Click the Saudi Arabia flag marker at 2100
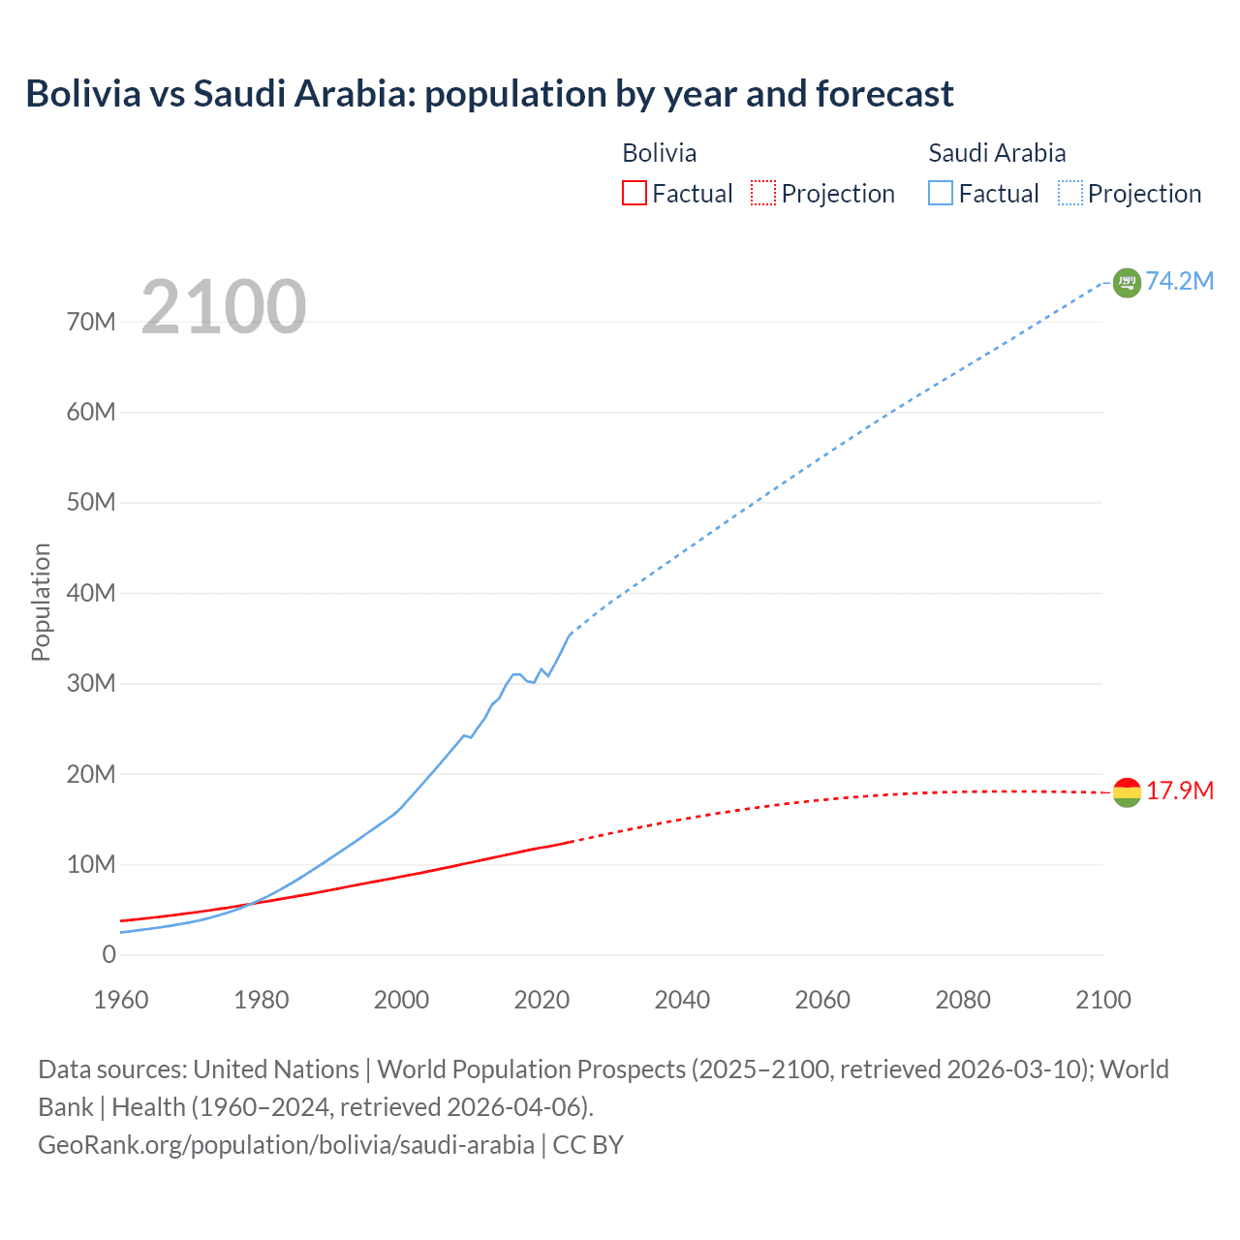[x=1127, y=282]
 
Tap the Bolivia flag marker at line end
[x=1127, y=792]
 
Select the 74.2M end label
[x=1179, y=281]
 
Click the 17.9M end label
[x=1179, y=791]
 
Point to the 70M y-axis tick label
[x=91, y=322]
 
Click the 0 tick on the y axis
[x=108, y=954]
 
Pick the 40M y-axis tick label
[x=91, y=593]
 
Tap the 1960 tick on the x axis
[x=121, y=1000]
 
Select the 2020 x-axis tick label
[x=542, y=1000]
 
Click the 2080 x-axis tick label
[x=963, y=1000]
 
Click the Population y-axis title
[x=41, y=602]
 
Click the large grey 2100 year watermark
[x=224, y=307]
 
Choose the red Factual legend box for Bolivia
[x=634, y=193]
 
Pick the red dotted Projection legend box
[x=763, y=193]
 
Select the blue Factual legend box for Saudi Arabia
[x=941, y=193]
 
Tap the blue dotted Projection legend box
[x=1070, y=193]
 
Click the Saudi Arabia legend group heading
[x=997, y=153]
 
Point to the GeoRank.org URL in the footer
[x=286, y=1144]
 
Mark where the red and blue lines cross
[x=251, y=903]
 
